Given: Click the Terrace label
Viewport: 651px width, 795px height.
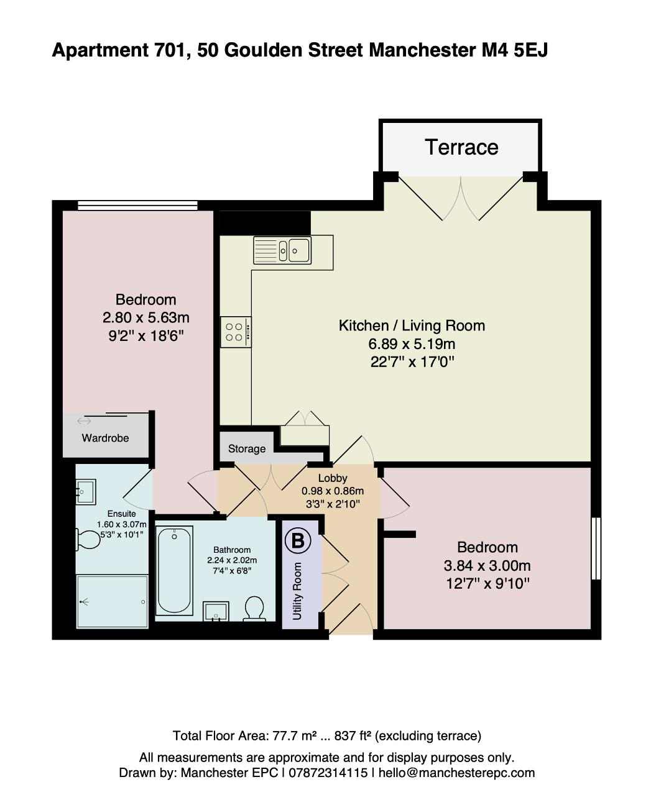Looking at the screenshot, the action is [461, 147].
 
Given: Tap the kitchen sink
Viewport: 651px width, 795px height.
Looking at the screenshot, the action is [282, 250].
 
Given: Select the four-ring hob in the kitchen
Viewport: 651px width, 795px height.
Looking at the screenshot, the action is [236, 332].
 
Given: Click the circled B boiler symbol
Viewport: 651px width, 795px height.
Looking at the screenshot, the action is [298, 541].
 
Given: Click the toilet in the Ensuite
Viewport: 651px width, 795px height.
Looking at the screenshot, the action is [88, 539].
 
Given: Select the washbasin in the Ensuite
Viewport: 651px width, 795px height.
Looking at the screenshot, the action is [86, 491].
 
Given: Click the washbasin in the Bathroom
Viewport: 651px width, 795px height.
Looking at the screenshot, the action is [216, 611].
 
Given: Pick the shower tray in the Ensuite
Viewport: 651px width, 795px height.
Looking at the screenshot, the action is [112, 602].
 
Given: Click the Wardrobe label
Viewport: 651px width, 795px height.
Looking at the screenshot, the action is [105, 438].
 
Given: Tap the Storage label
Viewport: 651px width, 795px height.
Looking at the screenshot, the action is [247, 448].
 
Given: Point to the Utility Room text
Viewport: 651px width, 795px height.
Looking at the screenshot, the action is [297, 591].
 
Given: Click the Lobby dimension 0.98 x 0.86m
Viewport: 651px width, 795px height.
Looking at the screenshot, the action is [333, 491].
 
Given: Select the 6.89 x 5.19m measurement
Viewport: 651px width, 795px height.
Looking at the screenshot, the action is [412, 344].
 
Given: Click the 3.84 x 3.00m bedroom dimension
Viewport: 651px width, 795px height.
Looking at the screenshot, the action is [487, 565].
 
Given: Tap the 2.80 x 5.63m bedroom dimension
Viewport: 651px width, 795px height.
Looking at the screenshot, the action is [145, 318].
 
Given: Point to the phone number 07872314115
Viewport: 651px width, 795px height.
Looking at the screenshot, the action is [328, 773].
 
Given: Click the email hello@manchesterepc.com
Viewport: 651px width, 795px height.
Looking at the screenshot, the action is [456, 773].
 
